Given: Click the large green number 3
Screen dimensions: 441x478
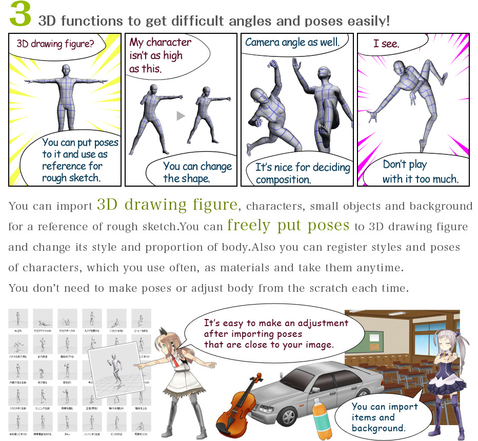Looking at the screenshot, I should point(20,16).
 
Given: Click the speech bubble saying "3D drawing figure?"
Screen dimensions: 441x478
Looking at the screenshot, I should point(55,45).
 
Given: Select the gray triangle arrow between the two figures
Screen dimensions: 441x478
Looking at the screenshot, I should point(180,116).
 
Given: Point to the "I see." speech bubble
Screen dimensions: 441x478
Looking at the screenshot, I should point(387,44).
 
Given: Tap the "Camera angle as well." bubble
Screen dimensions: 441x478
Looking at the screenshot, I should point(292,43).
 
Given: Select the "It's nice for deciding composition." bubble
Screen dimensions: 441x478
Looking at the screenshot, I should point(302,173).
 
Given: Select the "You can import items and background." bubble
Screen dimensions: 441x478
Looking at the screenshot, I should point(384,416).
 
